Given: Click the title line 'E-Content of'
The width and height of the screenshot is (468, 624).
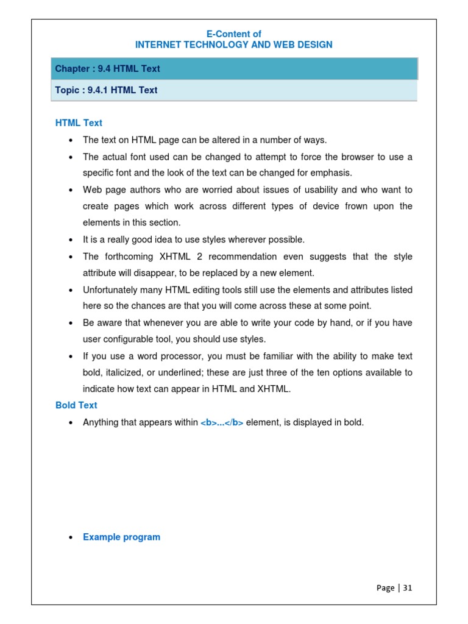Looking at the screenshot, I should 234,34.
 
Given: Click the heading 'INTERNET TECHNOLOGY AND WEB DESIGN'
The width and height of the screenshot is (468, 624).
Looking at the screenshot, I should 234,45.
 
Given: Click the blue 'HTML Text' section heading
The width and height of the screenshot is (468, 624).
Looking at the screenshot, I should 79,123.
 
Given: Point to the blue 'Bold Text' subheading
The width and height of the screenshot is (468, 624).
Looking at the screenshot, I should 76,405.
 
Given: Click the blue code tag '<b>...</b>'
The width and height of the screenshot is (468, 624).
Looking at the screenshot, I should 222,422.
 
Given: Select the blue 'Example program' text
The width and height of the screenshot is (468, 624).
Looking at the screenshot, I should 121,537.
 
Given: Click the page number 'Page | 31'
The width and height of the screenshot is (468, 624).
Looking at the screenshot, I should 394,588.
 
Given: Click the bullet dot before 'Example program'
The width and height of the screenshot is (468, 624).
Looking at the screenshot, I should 71,537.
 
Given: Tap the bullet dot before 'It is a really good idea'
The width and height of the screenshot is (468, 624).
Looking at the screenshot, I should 71,240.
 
